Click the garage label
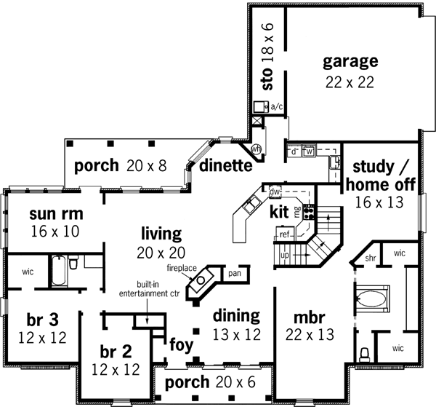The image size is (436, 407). point(351,60)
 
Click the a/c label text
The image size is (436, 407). point(276,106)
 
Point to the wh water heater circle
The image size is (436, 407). point(256,149)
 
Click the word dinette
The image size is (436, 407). point(226,165)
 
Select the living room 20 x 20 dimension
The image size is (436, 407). point(162,253)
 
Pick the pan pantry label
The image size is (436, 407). point(234,274)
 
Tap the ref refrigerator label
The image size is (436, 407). point(286,235)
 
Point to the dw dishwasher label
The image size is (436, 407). point(275,192)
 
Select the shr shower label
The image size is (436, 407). point(370,258)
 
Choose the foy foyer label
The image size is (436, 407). point(181,344)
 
